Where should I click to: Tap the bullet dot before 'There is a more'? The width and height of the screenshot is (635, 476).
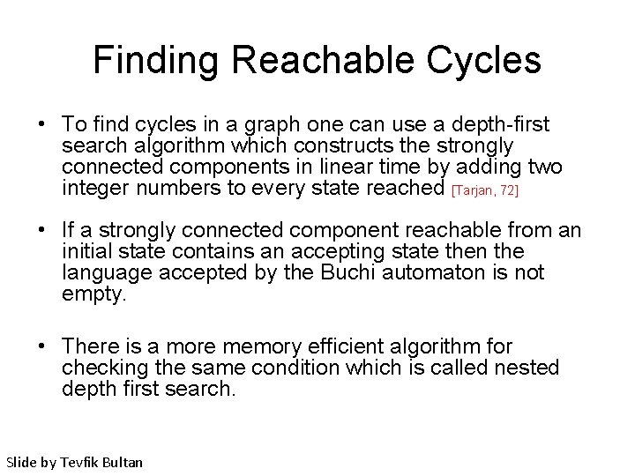pyautogui.click(x=42, y=347)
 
